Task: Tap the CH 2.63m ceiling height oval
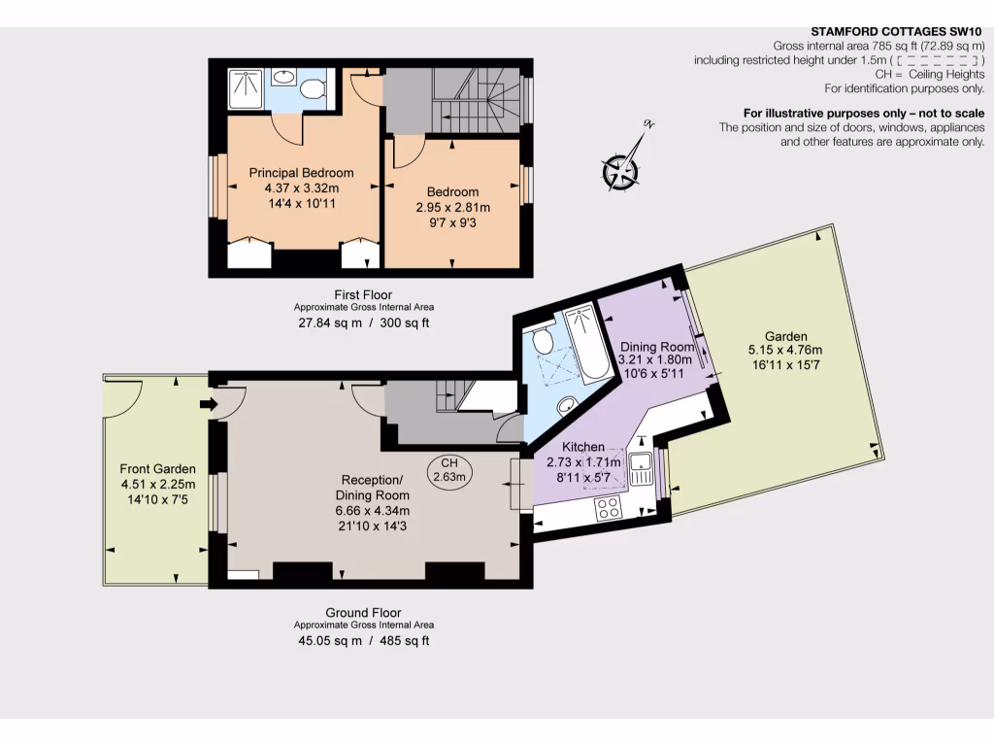click(448, 470)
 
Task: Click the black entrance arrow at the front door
click(207, 404)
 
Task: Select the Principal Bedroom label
click(301, 173)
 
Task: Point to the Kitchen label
click(583, 447)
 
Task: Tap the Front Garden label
click(158, 468)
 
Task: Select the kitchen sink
click(640, 469)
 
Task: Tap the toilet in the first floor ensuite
click(312, 90)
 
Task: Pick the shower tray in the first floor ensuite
click(246, 89)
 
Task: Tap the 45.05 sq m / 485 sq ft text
click(362, 641)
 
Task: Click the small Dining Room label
click(657, 347)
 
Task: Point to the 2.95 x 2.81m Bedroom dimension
click(453, 207)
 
